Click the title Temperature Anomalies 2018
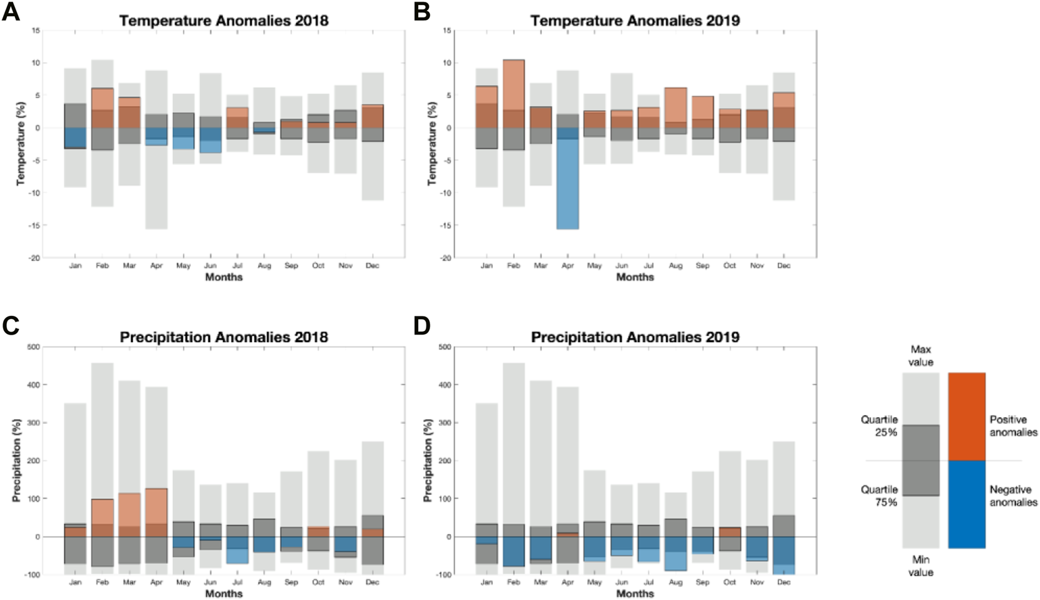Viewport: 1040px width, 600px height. click(223, 21)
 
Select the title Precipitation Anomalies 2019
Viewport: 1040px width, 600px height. click(635, 337)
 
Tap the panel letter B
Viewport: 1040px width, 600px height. click(422, 11)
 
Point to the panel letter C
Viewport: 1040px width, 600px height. click(11, 327)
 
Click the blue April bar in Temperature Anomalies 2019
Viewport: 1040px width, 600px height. click(567, 181)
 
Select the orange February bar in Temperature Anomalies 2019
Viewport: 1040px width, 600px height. click(514, 94)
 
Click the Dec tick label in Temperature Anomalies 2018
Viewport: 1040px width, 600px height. click(372, 266)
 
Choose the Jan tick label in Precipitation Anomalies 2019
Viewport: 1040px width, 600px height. click(486, 583)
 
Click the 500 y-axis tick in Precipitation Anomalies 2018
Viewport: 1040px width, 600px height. click(32, 347)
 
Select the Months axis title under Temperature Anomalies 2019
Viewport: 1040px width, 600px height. click(635, 277)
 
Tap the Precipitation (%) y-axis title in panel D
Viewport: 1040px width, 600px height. click(428, 460)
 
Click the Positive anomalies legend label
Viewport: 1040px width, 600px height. click(1013, 426)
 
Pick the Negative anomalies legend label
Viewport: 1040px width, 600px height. click(1013, 496)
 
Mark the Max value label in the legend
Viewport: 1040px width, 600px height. click(921, 356)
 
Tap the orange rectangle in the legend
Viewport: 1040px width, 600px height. click(966, 416)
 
